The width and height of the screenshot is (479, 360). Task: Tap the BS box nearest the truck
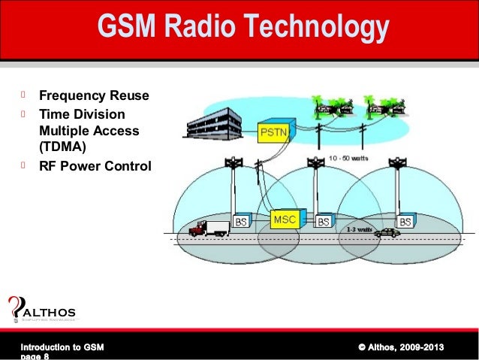(x=242, y=222)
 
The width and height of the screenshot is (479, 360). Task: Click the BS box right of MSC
(x=324, y=222)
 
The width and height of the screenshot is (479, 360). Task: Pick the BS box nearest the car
(x=405, y=222)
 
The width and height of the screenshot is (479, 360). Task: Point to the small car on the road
(x=387, y=233)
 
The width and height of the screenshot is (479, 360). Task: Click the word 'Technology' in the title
(x=318, y=29)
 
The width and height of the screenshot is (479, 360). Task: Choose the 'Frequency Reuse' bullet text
(x=94, y=96)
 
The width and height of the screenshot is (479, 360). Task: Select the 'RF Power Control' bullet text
(x=95, y=165)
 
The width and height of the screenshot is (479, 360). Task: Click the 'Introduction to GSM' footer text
(x=62, y=346)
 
